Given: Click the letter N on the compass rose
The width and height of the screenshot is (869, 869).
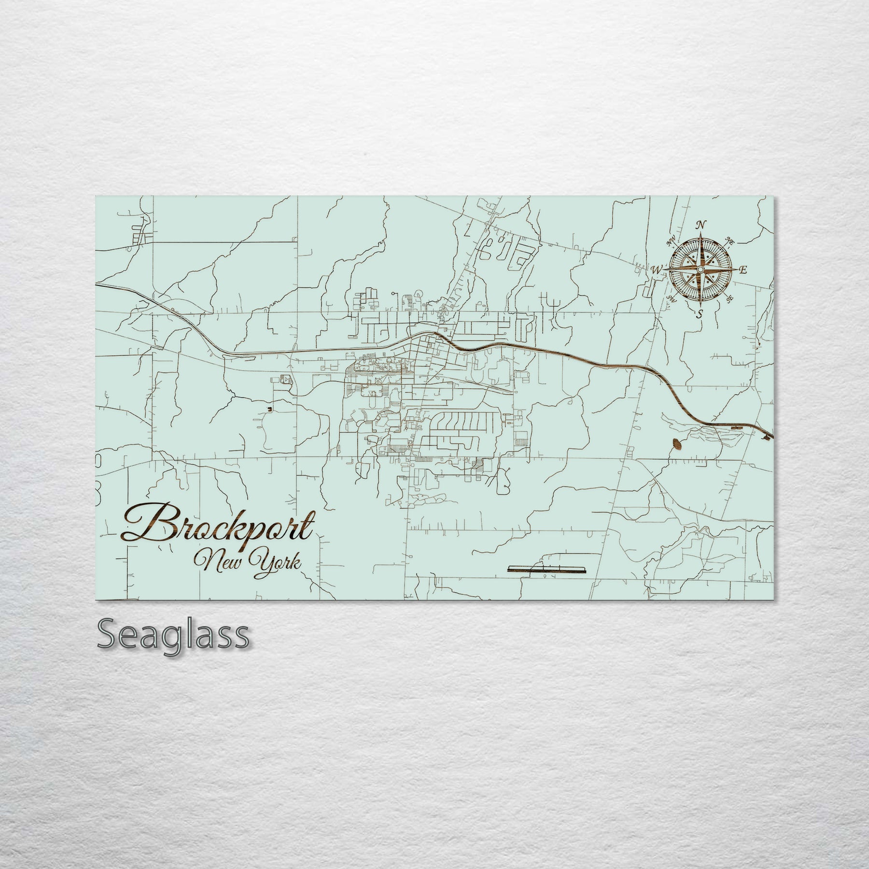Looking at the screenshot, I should click(x=701, y=225).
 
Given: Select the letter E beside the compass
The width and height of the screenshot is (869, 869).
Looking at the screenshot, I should click(x=743, y=270).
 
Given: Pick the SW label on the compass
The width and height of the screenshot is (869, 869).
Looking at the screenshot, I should click(x=670, y=298).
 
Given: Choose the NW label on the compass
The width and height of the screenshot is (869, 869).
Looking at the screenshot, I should click(x=670, y=241).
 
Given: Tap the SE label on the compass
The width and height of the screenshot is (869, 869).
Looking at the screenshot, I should click(x=730, y=299).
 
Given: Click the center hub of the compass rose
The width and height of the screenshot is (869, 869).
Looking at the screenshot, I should click(x=700, y=269).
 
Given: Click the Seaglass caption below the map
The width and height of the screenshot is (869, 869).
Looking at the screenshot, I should click(x=173, y=635).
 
